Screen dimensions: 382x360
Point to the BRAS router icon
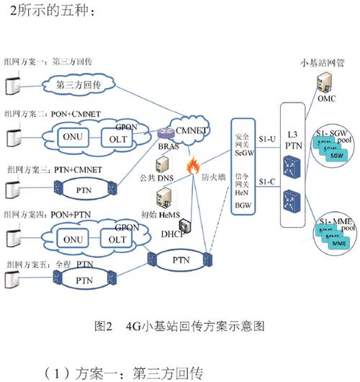[163, 134]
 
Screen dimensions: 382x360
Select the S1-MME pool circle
[331, 230]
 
